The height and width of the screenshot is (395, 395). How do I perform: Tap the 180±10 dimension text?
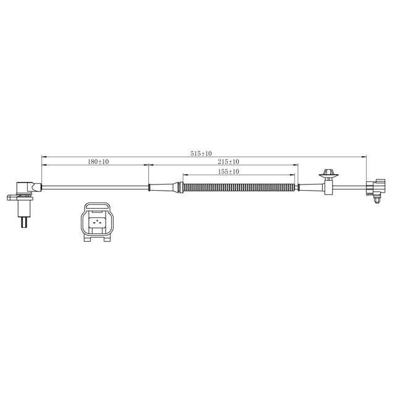tap(98, 162)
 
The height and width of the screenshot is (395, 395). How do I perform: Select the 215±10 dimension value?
tap(228, 162)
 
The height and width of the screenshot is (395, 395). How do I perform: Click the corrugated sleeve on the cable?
tap(238, 186)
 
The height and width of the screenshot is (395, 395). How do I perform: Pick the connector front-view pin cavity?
tap(96, 223)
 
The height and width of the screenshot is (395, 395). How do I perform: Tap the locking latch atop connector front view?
tap(96, 206)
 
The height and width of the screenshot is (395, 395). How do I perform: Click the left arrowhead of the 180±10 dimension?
tap(44, 165)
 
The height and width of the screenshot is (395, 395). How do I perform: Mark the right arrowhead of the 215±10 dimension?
tap(296, 165)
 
